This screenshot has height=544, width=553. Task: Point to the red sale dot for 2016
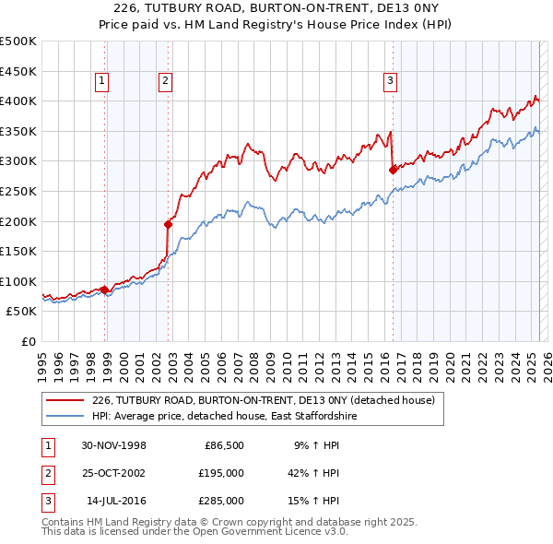point(394,170)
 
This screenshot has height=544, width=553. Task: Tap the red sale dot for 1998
point(105,290)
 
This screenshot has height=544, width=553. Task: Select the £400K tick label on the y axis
point(18,101)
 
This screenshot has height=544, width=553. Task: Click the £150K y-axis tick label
point(18,251)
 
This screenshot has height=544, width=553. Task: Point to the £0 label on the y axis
point(28,341)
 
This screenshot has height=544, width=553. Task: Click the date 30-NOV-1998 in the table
point(114,445)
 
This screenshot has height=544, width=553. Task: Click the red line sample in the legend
point(65,401)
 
